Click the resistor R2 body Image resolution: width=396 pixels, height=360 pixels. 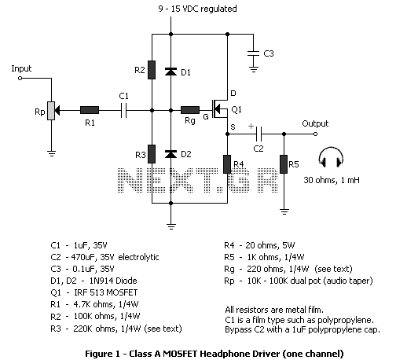click(x=152, y=70)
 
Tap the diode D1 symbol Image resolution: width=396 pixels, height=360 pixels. click(x=170, y=72)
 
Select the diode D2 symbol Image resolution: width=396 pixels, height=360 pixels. click(x=170, y=154)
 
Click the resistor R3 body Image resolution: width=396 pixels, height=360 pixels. click(x=152, y=154)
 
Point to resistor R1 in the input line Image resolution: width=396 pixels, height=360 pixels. click(x=90, y=110)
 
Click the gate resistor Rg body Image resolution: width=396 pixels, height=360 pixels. click(x=190, y=110)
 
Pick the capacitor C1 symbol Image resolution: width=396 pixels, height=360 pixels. click(x=124, y=110)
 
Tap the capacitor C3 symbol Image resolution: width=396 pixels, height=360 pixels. click(x=253, y=53)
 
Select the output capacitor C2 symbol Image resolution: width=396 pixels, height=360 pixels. click(x=258, y=134)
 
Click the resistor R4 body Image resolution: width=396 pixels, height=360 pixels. click(x=227, y=164)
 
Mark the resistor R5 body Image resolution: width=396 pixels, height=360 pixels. click(x=284, y=164)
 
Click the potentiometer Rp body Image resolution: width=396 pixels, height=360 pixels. click(x=51, y=111)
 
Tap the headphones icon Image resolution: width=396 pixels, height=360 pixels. click(x=331, y=157)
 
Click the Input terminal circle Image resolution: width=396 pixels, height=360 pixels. click(x=20, y=78)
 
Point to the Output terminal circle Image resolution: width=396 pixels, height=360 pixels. click(x=316, y=134)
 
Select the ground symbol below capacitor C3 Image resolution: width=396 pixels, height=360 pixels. click(x=253, y=69)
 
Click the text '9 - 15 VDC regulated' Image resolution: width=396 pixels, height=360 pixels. click(x=197, y=9)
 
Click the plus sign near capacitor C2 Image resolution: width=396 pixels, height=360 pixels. click(x=251, y=126)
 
